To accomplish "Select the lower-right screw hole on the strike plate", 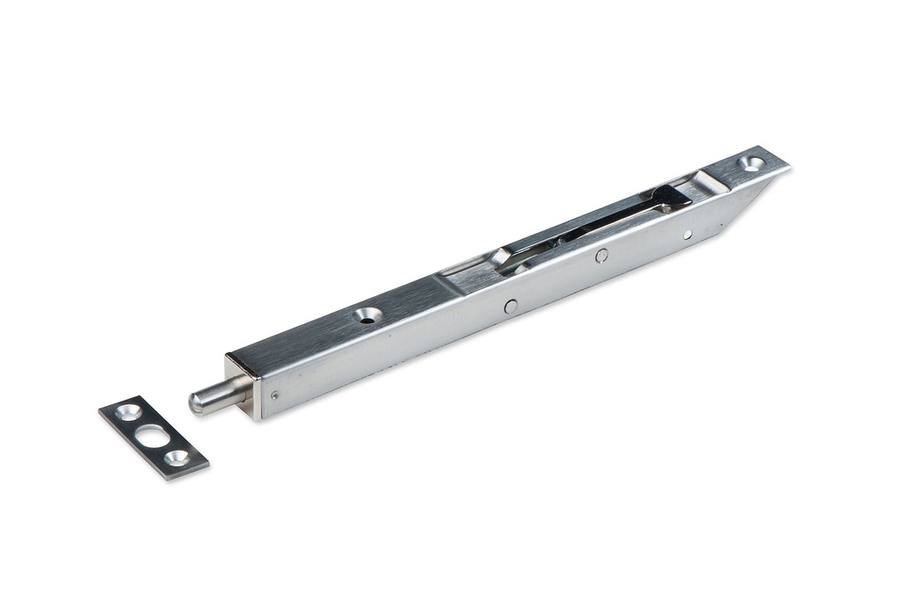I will (x=178, y=458).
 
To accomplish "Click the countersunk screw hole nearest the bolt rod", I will (x=368, y=314).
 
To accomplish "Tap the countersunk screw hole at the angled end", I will (x=751, y=163).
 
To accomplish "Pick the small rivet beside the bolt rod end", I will (x=275, y=395).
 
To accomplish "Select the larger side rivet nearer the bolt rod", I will (x=510, y=306).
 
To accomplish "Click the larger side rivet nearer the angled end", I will (x=601, y=256).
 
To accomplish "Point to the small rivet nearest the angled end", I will (x=687, y=234).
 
